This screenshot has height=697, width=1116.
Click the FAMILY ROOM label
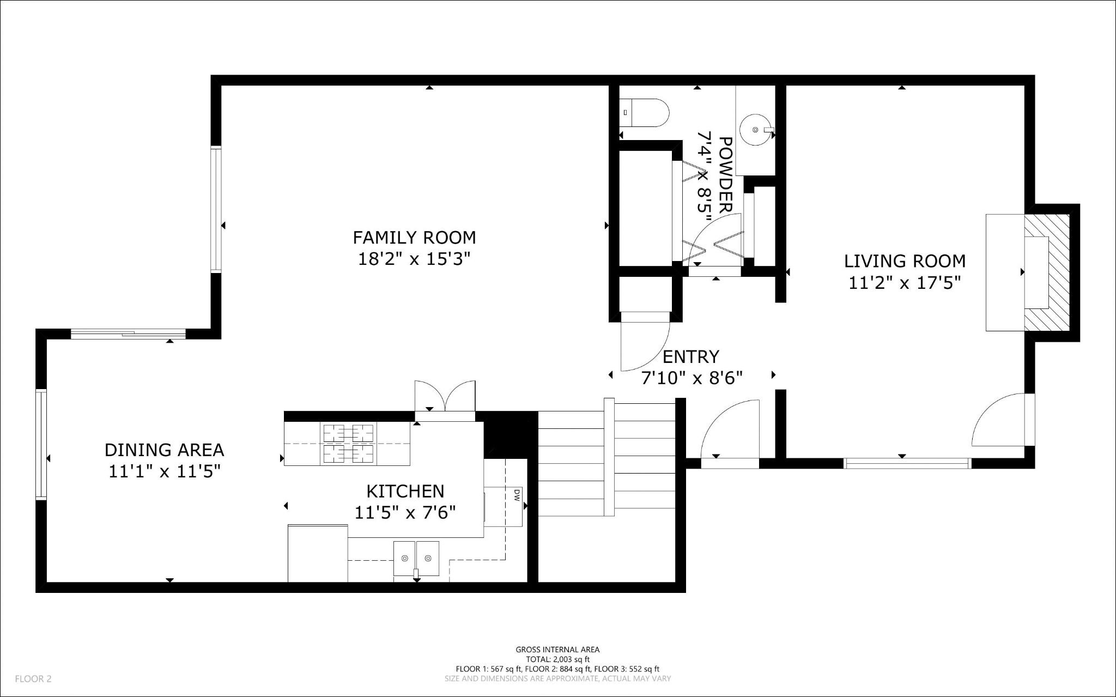point(414,238)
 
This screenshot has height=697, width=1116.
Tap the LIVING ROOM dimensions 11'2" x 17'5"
point(905,283)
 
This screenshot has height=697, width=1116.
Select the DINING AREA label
point(164,450)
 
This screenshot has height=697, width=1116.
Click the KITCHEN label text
point(405,491)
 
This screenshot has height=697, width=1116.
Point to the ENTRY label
point(691,356)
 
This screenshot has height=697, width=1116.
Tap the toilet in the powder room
point(646,113)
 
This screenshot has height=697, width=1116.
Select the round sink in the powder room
point(755,130)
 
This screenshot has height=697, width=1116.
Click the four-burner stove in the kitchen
point(349,444)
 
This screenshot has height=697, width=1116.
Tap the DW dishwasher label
point(516,494)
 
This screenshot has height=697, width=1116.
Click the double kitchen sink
point(416,559)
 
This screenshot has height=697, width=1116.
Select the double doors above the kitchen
point(445,398)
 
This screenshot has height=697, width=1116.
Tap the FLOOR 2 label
point(33,678)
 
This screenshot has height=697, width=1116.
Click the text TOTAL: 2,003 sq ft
point(557,659)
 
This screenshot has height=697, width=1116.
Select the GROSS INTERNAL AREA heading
point(557,649)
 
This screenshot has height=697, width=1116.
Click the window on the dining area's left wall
point(41,444)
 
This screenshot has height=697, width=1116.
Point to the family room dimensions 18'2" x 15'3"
point(414,258)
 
